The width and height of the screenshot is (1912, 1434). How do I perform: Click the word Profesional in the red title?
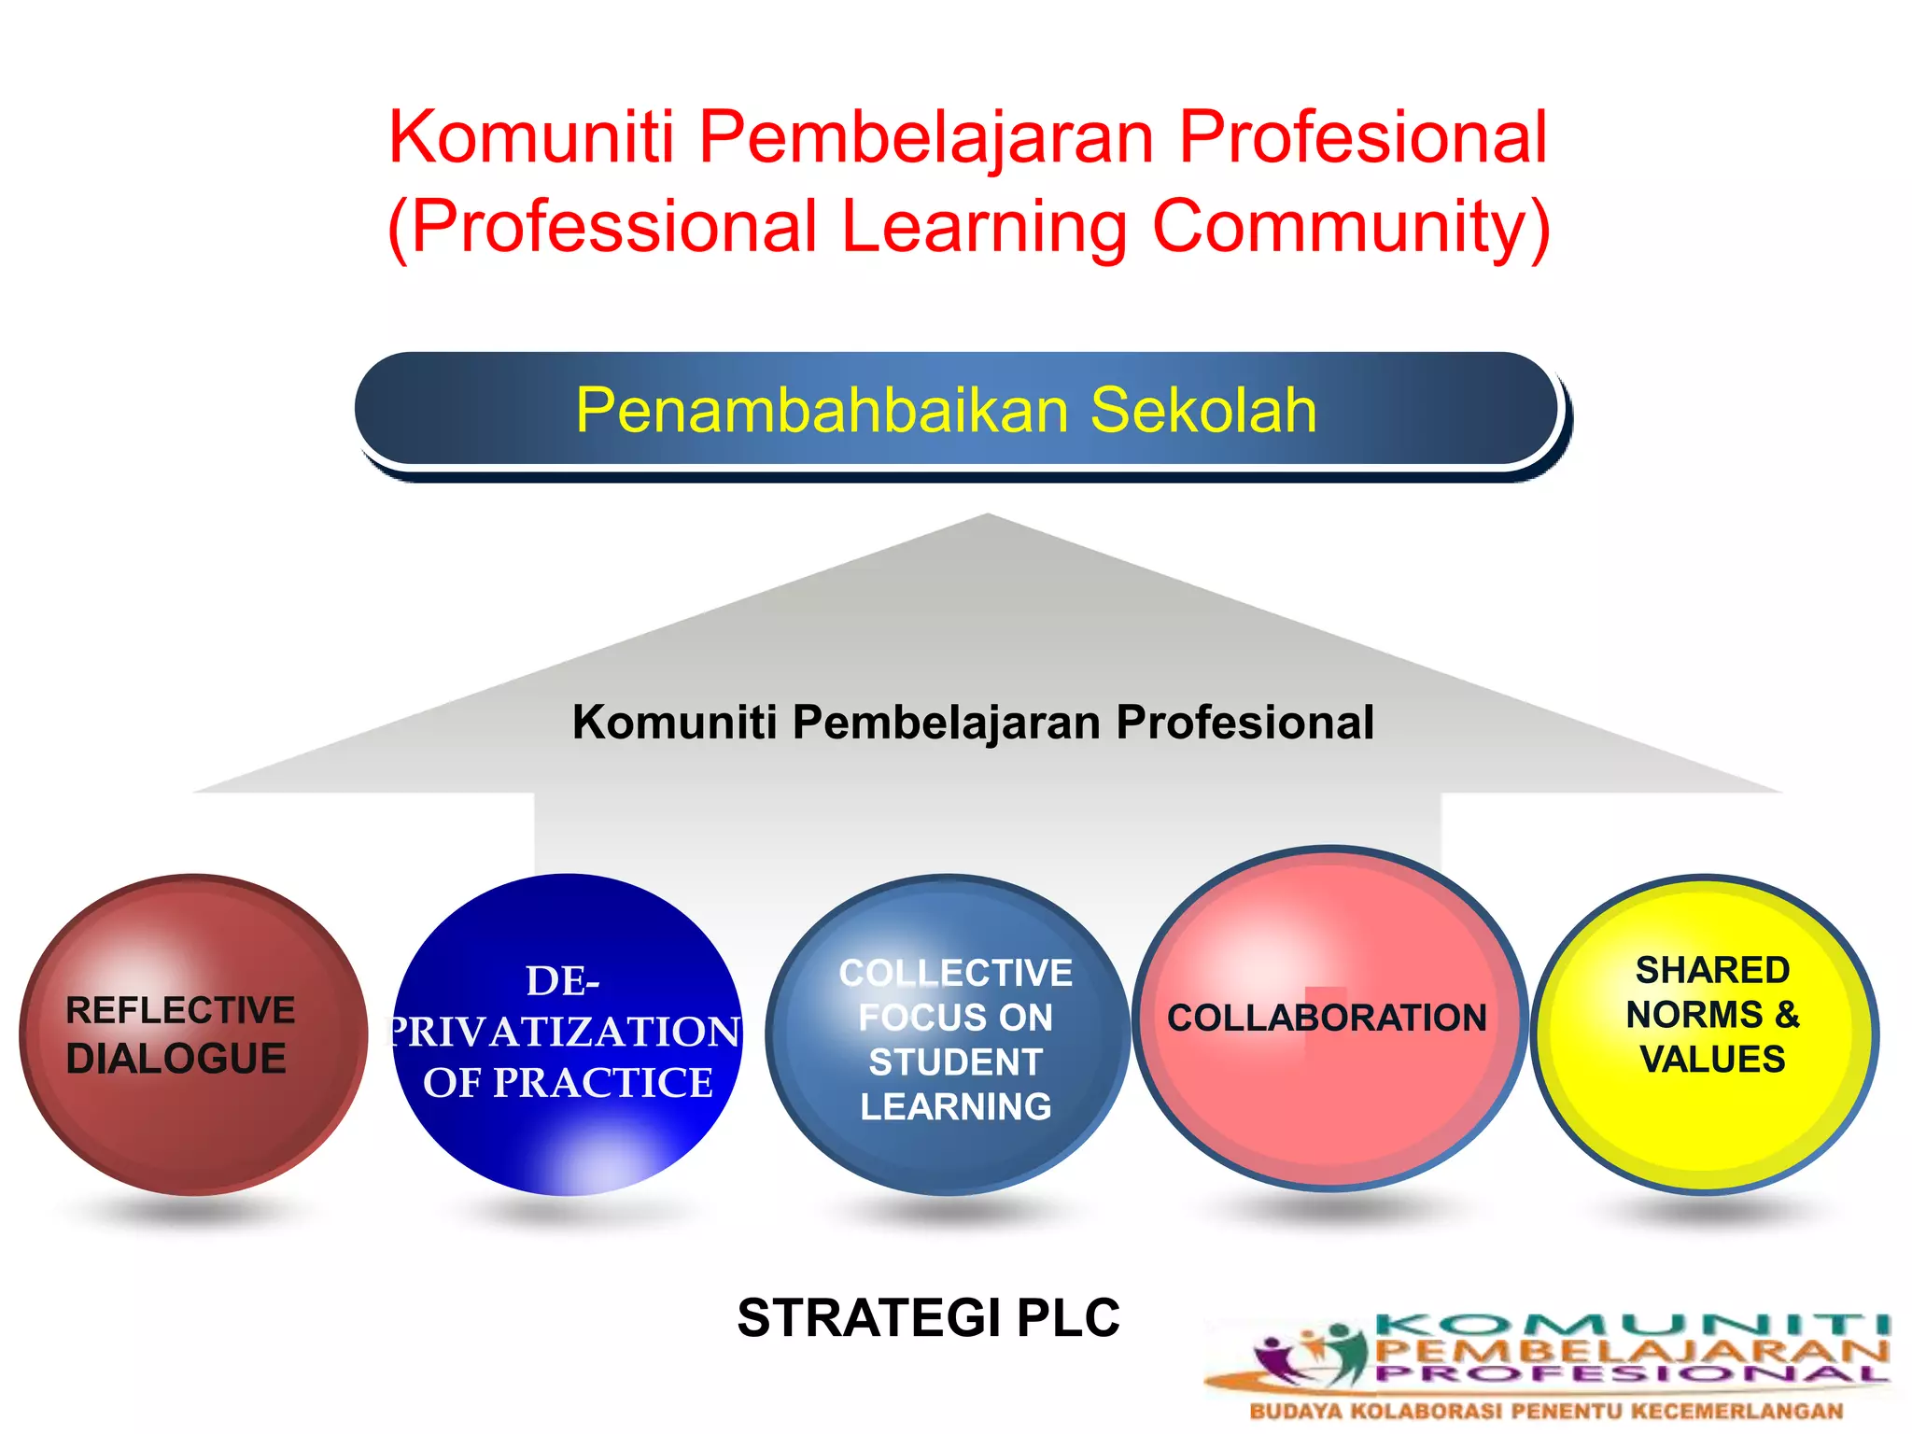pyautogui.click(x=1363, y=137)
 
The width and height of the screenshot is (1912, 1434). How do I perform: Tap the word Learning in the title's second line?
pyautogui.click(x=984, y=227)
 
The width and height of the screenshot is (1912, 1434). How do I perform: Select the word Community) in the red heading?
pyautogui.click(x=1352, y=227)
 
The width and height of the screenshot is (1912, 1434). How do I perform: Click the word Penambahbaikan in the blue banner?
pyautogui.click(x=822, y=410)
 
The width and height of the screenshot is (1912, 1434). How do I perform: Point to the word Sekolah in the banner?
pyautogui.click(x=1203, y=410)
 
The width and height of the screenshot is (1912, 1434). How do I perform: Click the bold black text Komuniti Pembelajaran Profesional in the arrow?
pyautogui.click(x=973, y=722)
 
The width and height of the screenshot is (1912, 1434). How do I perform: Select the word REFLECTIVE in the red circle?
pyautogui.click(x=180, y=1010)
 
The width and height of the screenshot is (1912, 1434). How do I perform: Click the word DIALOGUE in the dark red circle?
pyautogui.click(x=176, y=1059)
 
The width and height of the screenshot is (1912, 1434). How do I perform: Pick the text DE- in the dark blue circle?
pyautogui.click(x=563, y=981)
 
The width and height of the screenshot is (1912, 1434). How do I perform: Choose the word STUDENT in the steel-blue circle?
pyautogui.click(x=955, y=1062)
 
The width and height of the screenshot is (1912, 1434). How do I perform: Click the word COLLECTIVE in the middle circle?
pyautogui.click(x=956, y=973)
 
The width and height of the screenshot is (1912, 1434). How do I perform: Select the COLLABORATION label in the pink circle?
pyautogui.click(x=1327, y=1018)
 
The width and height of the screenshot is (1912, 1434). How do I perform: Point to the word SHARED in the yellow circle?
pyautogui.click(x=1712, y=970)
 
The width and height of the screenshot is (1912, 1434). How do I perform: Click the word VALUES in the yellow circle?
pyautogui.click(x=1712, y=1060)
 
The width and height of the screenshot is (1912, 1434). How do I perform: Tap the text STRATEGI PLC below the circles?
pyautogui.click(x=928, y=1317)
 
